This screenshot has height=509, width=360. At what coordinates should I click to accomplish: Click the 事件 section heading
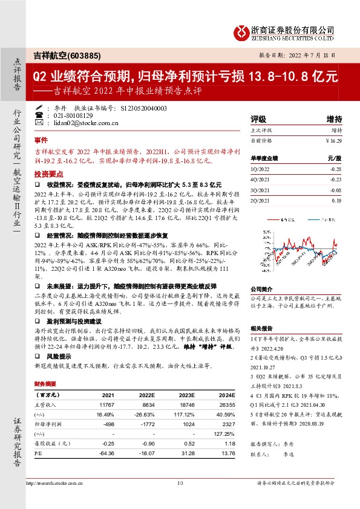[x=41, y=139]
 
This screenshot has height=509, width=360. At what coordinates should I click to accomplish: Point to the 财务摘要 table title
[x=45, y=384]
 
